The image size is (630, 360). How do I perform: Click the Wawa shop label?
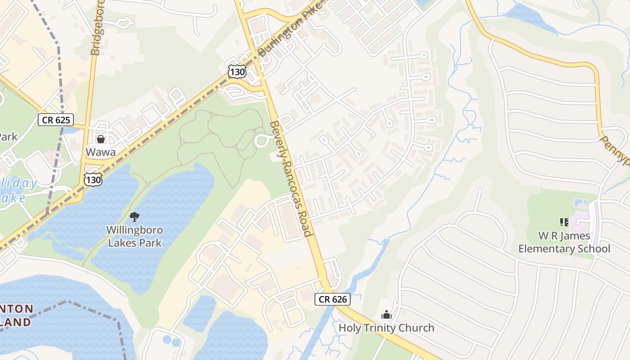pyautogui.click(x=100, y=152)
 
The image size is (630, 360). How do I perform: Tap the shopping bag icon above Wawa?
pyautogui.click(x=100, y=139)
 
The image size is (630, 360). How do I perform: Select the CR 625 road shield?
pyautogui.click(x=55, y=120)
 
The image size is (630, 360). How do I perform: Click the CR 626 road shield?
pyautogui.click(x=332, y=299)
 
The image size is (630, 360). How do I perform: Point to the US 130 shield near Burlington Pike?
pyautogui.click(x=237, y=71)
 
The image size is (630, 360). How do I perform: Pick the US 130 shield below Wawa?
pyautogui.click(x=93, y=180)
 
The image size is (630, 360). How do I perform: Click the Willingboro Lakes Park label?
pyautogui.click(x=134, y=236)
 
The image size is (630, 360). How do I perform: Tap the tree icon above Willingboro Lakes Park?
pyautogui.click(x=134, y=217)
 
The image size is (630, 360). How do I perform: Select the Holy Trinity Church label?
pyautogui.click(x=386, y=328)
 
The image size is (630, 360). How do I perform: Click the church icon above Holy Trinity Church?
pyautogui.click(x=386, y=314)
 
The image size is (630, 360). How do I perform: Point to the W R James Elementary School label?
pyautogui.click(x=564, y=242)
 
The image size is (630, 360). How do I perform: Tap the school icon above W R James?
pyautogui.click(x=564, y=222)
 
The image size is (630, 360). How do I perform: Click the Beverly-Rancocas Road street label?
pyautogui.click(x=290, y=179)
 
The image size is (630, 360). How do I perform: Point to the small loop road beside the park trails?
pyautogui.click(x=262, y=141)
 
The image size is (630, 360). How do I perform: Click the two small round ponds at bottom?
pyautogui.click(x=171, y=341)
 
